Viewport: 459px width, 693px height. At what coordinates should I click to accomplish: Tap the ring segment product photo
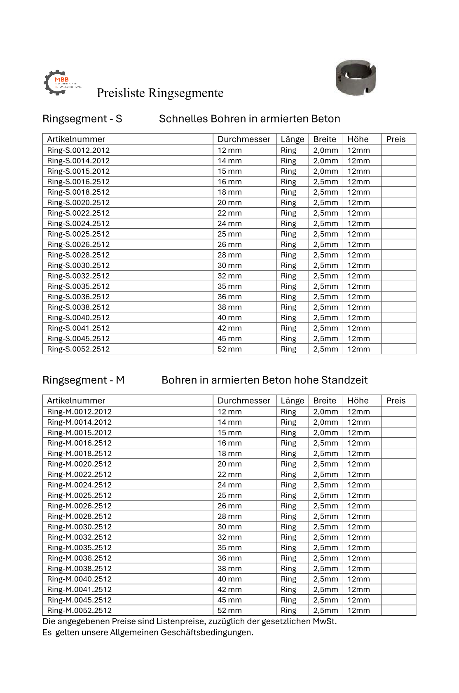pos(356,78)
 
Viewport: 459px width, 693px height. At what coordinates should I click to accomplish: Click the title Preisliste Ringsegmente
pos(160,93)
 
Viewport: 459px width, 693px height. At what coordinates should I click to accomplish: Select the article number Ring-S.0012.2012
pos(78,150)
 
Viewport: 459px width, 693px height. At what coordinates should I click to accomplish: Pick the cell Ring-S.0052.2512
pos(78,349)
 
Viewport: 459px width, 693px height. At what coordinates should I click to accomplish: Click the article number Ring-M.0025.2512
pos(79,495)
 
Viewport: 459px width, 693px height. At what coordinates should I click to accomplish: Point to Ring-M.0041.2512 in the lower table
pos(79,589)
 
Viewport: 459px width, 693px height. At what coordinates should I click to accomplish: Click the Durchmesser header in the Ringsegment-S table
pos(244,139)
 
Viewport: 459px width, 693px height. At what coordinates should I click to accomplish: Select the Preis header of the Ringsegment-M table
pos(396,400)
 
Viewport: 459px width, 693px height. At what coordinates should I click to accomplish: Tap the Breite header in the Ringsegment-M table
pos(325,400)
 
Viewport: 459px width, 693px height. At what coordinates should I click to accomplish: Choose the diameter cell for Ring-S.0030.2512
pos(229,265)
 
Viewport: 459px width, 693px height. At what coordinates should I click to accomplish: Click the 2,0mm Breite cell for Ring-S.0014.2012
pos(326,161)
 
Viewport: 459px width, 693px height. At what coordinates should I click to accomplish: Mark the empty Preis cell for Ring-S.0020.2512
pos(398,202)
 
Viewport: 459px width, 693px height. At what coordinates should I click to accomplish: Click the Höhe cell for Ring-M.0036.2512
pos(358,558)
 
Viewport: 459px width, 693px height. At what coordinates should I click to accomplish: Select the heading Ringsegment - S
pos(82,119)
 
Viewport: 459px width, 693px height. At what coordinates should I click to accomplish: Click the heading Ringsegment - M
pos(83,380)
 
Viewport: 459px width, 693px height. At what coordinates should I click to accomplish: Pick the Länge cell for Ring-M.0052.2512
pos(288,610)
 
